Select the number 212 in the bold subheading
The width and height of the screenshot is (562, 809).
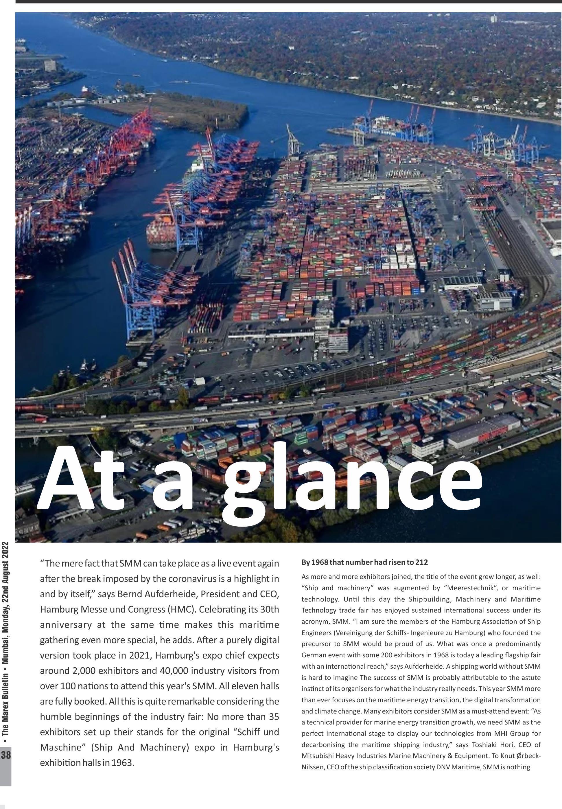(x=421, y=562)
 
